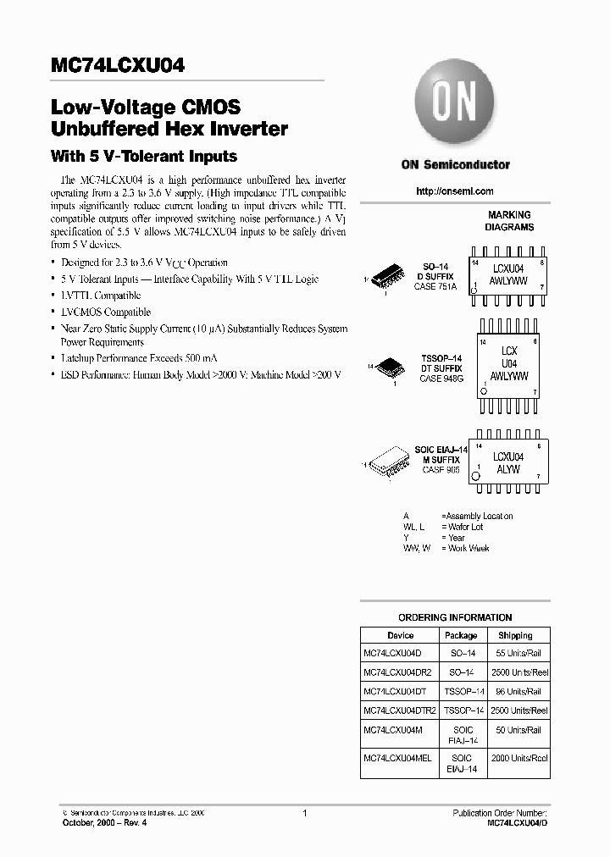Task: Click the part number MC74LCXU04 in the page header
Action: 119,66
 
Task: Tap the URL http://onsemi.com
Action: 455,191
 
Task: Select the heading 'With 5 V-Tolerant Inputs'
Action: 144,157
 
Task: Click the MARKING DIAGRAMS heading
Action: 509,221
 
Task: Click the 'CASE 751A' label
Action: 437,287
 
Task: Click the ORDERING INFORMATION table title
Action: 455,617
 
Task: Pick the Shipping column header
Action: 515,635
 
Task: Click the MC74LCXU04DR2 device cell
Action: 397,672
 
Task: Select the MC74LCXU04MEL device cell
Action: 400,758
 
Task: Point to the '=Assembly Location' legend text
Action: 477,516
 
